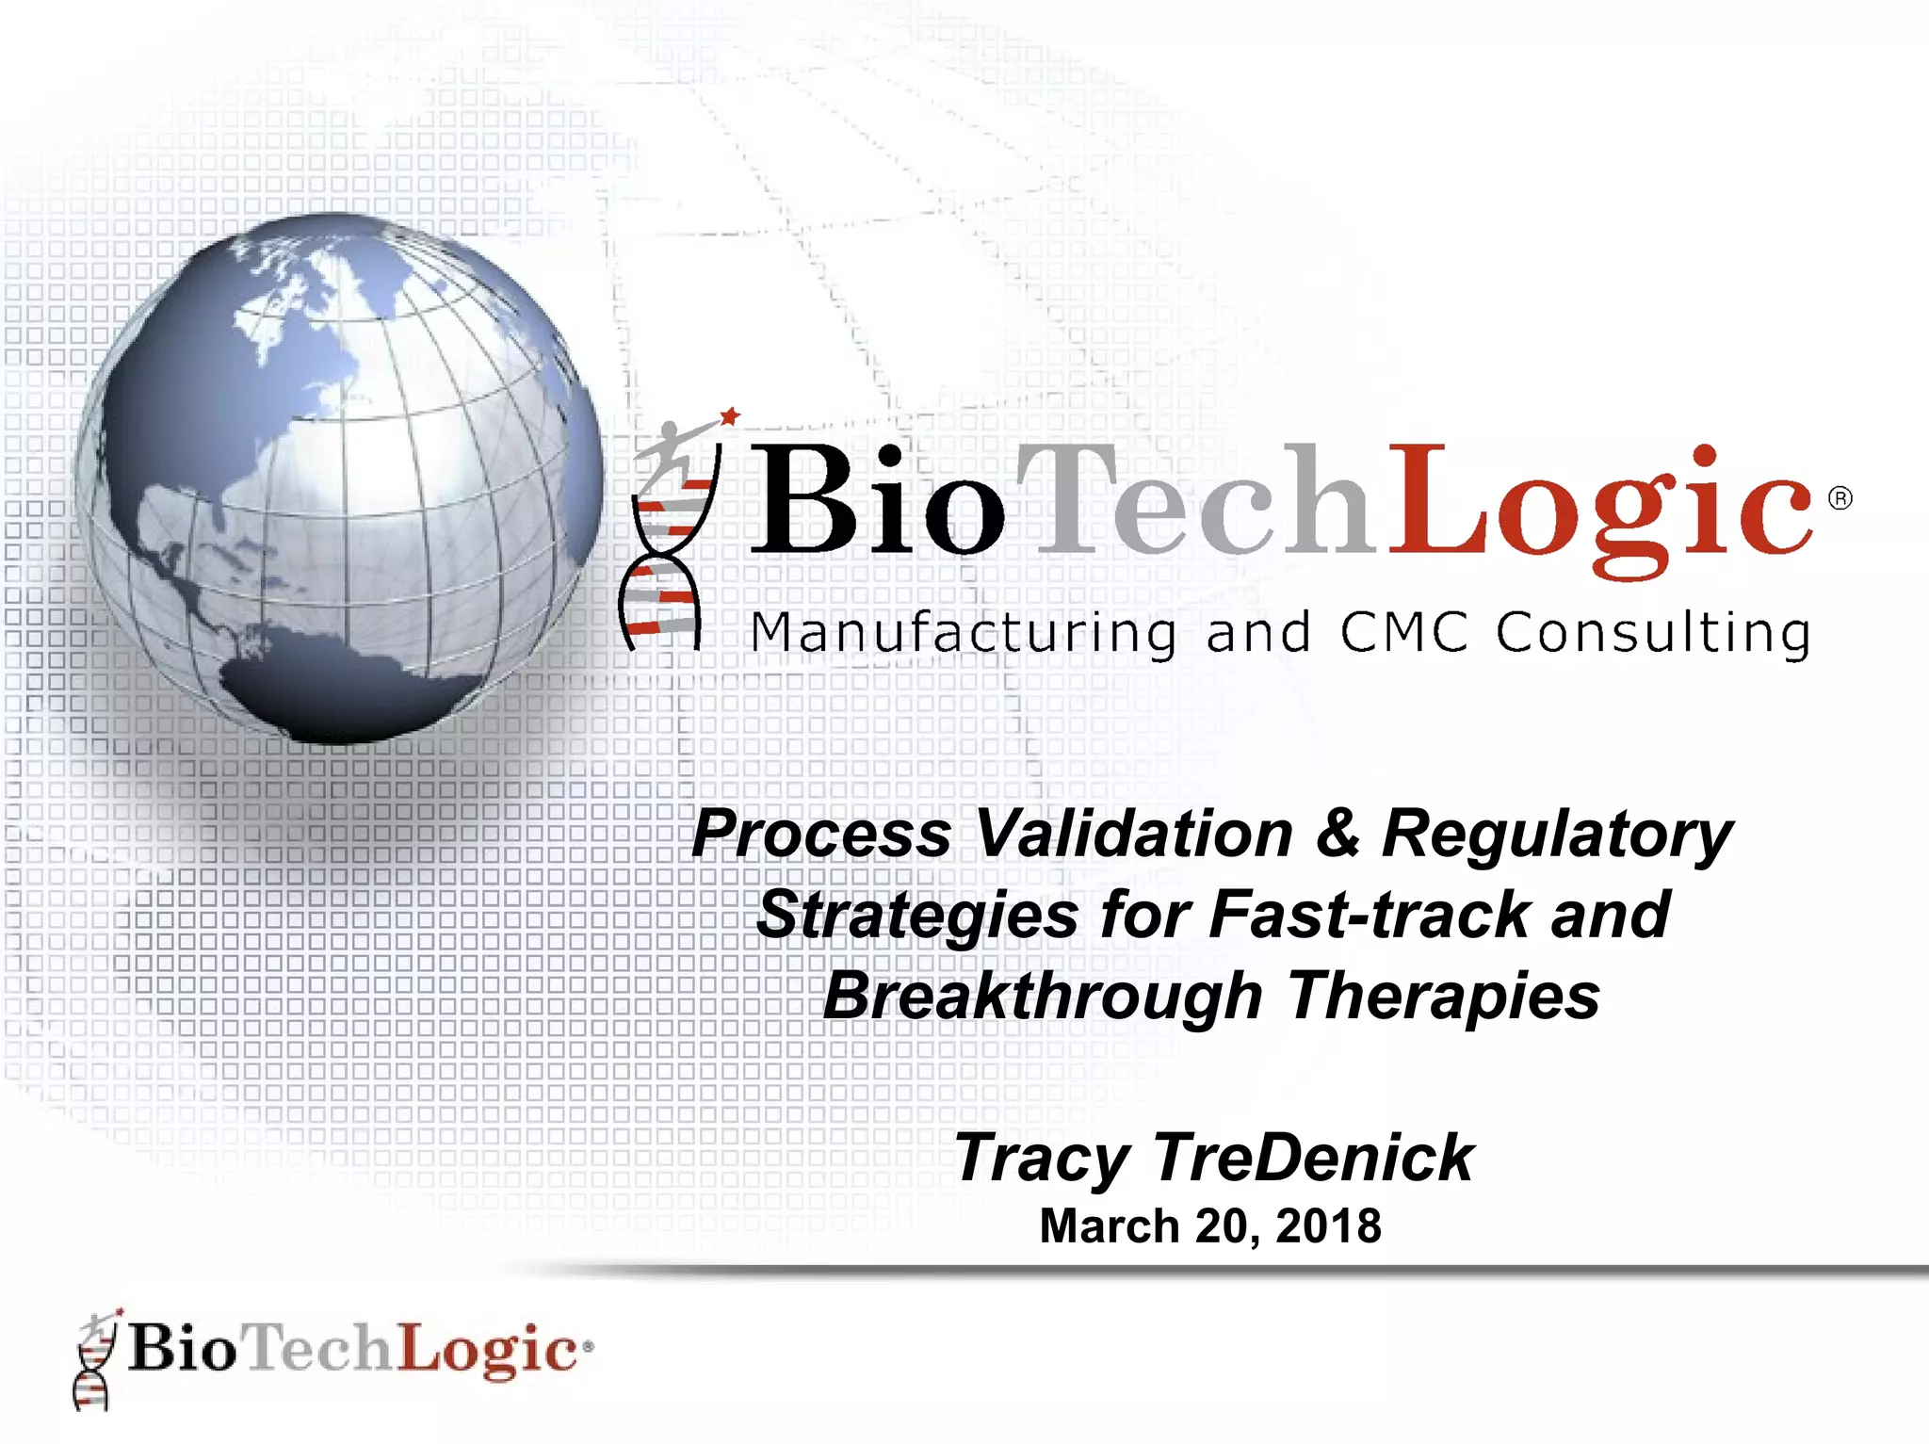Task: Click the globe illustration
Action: coord(339,479)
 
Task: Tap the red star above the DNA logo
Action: coord(730,416)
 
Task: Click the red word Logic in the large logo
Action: coord(1601,504)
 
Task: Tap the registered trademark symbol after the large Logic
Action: coord(1840,498)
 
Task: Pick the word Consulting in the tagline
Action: coord(1653,633)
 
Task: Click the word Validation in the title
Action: coord(1135,835)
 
